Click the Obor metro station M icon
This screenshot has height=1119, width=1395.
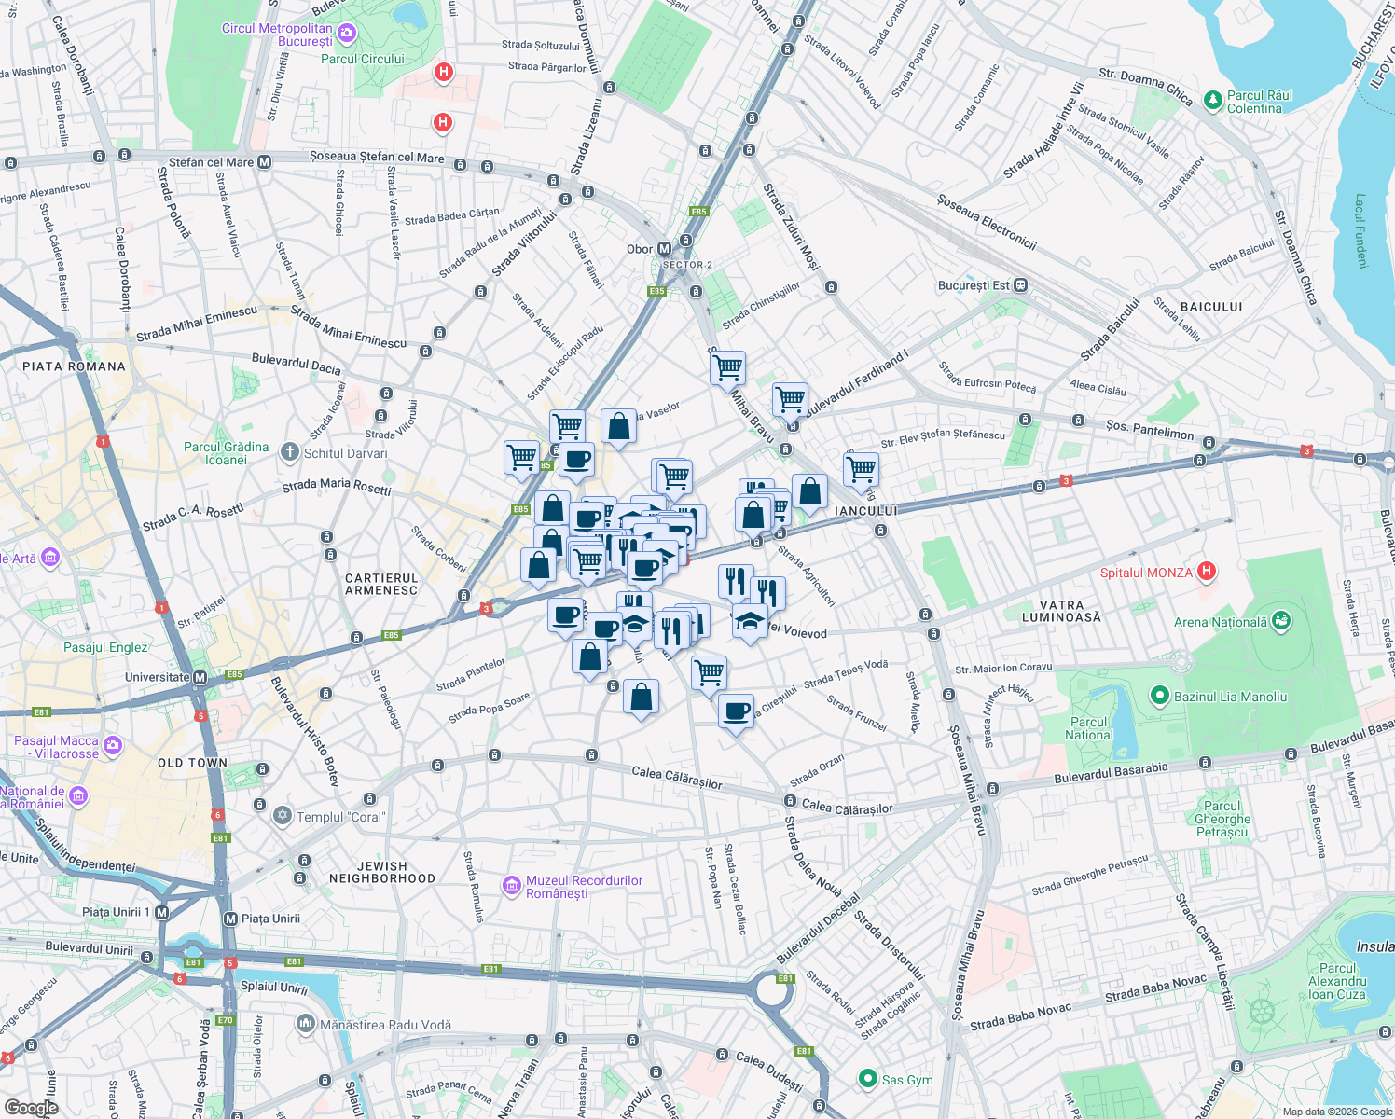click(664, 249)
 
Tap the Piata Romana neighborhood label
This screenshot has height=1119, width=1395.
click(74, 366)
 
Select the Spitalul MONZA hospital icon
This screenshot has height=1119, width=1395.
click(1207, 571)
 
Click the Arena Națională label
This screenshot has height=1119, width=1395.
click(1221, 622)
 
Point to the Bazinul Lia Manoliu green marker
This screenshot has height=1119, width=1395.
click(1159, 696)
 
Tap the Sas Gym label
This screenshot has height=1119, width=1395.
click(906, 1080)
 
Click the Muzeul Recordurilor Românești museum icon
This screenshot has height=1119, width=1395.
click(511, 886)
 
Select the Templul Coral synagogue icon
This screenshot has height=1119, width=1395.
click(282, 816)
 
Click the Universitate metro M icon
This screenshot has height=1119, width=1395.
click(200, 677)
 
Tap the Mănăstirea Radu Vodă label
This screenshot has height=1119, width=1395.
click(385, 1025)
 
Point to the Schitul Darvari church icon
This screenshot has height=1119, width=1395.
click(290, 453)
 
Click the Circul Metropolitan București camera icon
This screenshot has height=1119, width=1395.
click(346, 35)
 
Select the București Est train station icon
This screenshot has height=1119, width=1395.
click(1021, 285)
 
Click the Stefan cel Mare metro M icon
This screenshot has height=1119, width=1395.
click(265, 162)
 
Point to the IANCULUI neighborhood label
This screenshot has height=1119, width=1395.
click(865, 511)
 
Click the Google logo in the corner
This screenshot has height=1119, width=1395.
click(31, 1108)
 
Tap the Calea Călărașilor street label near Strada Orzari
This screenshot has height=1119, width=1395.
click(847, 808)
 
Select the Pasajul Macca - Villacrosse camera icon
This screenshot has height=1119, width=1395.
click(113, 745)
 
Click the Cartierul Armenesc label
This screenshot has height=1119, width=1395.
click(381, 585)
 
